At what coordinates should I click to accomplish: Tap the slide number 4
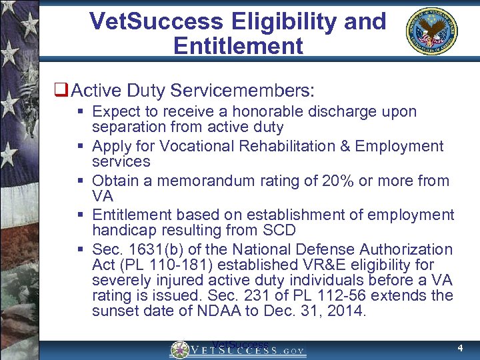tap(460, 348)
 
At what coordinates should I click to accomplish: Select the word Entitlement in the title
tap(238, 46)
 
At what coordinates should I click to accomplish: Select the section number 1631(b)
tap(159, 250)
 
